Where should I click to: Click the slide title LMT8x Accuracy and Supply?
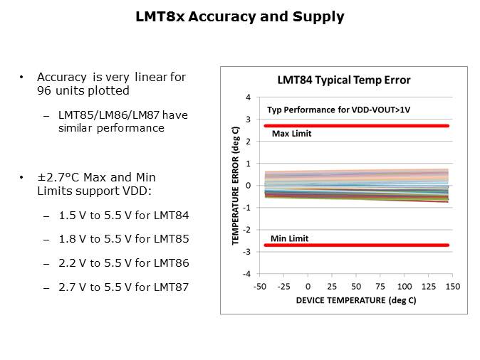coord(240,17)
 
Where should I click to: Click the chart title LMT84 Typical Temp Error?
coord(343,80)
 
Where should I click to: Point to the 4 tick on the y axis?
coord(248,97)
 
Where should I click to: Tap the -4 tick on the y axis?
coord(247,274)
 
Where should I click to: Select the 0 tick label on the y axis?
coord(249,186)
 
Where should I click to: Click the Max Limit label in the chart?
coord(292,134)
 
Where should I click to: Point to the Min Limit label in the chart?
coord(290,238)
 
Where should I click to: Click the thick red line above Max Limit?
coord(356,125)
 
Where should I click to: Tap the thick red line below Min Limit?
coord(356,245)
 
